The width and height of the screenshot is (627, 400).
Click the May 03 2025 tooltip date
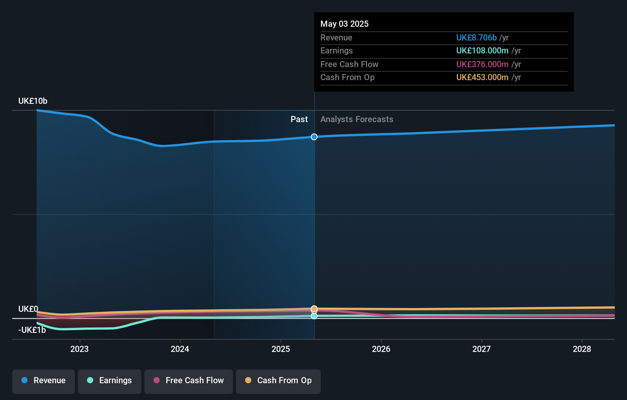[x=344, y=24]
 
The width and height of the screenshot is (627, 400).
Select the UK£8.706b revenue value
[x=476, y=37]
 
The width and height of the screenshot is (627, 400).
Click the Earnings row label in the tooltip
[x=336, y=51]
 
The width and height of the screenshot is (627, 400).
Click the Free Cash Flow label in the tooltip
[x=349, y=64]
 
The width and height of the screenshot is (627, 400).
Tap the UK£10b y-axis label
[x=33, y=101]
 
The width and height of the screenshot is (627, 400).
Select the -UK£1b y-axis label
[x=32, y=330]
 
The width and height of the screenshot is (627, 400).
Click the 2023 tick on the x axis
[x=79, y=349]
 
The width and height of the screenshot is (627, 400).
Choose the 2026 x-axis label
[x=381, y=349]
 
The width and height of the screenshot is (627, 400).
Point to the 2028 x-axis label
[x=582, y=349]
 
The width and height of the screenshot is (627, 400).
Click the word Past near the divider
[x=299, y=119]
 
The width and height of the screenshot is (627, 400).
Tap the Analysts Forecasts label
[x=357, y=119]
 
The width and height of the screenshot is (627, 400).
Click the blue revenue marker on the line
[x=314, y=137]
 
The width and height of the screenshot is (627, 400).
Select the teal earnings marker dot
[x=314, y=316]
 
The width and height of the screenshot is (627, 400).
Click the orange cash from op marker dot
[x=314, y=308]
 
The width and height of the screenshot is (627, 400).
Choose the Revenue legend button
[x=44, y=381]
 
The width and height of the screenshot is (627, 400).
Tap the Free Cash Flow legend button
[x=189, y=381]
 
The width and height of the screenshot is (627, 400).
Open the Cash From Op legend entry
[x=278, y=381]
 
